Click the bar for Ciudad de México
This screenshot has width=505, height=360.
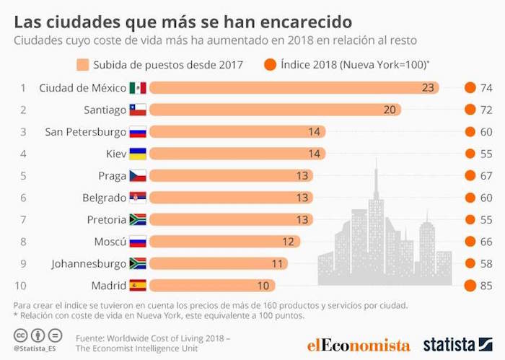pos(296,88)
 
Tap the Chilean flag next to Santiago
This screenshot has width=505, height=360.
pos(138,110)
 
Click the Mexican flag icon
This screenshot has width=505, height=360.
pos(138,88)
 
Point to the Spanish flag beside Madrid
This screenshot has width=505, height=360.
pos(138,285)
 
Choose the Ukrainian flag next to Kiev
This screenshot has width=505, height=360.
pos(138,154)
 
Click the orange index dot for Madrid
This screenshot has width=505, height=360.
pos(470,285)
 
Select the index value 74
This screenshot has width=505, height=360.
pos(486,88)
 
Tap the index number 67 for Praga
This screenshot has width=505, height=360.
pos(486,175)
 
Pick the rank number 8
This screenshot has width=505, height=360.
pos(23,242)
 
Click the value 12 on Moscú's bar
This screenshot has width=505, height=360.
pos(287,242)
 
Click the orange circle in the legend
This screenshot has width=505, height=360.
pos(270,65)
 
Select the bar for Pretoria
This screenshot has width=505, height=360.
pos(231,219)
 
